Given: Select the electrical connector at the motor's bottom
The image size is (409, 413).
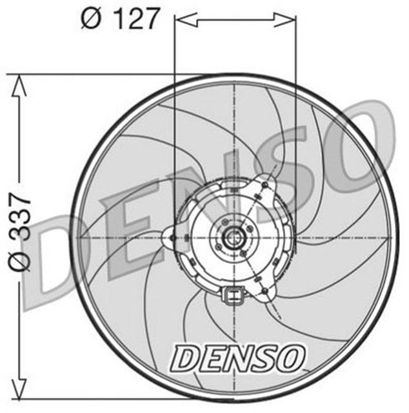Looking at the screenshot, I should (x=232, y=297).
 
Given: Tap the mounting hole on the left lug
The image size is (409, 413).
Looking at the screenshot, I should (x=172, y=238).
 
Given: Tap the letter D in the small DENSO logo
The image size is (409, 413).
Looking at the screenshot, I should (x=186, y=356).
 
